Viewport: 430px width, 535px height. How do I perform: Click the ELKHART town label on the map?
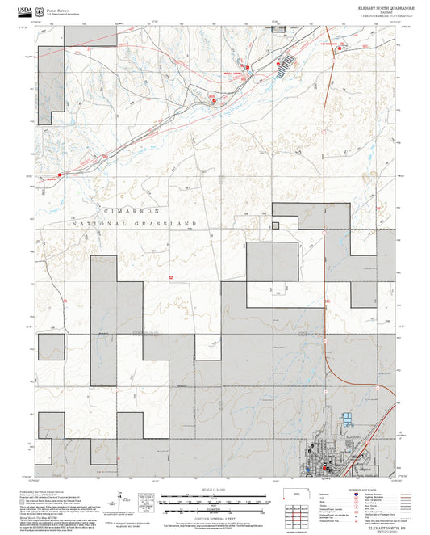[x=352, y=436]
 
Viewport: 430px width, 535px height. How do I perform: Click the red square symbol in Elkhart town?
[x=325, y=468]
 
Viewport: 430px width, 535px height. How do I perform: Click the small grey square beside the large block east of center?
[x=275, y=225]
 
